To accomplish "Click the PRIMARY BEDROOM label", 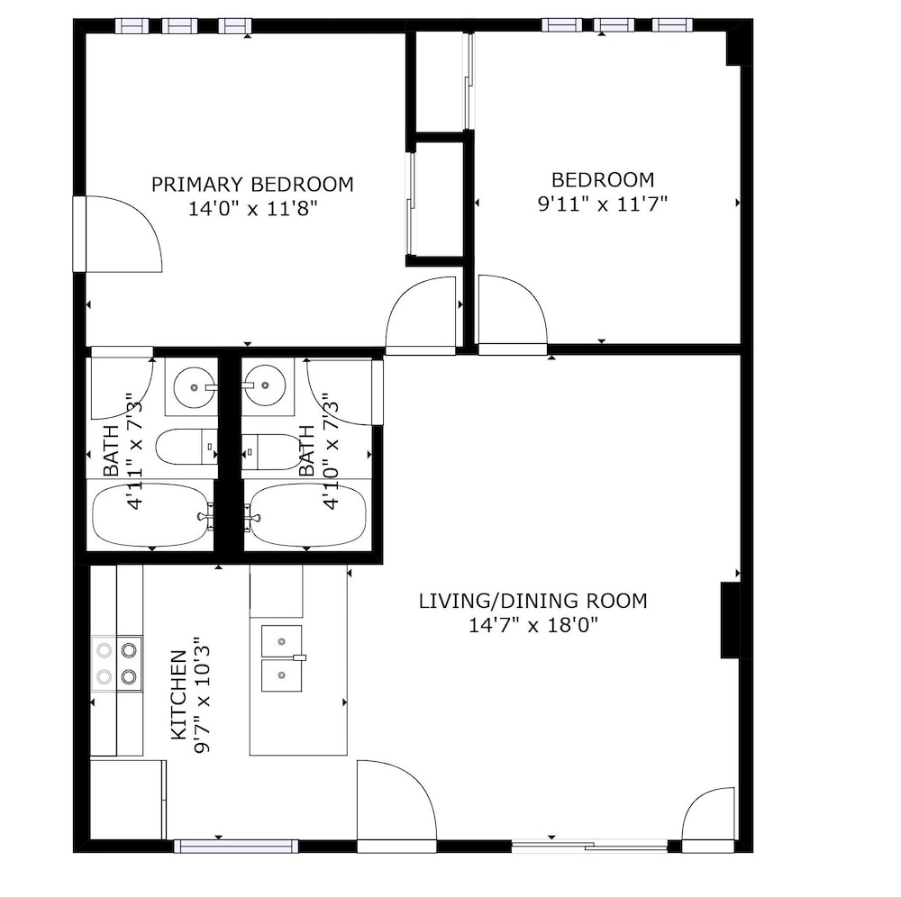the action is point(252,185).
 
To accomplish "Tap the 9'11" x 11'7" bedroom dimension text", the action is point(602,204).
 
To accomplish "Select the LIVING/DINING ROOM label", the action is point(532,601).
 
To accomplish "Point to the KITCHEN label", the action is point(178,695).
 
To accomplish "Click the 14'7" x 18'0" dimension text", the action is point(533,624).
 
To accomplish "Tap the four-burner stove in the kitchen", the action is point(116,663).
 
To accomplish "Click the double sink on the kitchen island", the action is point(281,658).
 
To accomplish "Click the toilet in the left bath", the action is point(187,447).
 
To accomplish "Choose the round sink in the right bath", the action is point(264,385).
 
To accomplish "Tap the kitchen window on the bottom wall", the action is point(236,846).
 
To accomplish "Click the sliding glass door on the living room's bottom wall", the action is point(589,846).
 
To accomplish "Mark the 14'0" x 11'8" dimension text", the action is point(253,208).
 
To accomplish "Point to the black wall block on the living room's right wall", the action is point(730,621).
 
